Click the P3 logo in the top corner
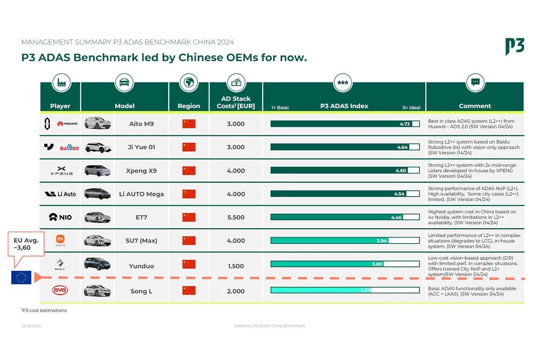[x=515, y=46]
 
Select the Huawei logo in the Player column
[x=67, y=124]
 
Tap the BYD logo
[x=60, y=291]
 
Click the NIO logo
[x=61, y=217]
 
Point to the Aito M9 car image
[x=97, y=123]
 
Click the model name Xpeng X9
[x=141, y=171]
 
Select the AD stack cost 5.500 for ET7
[x=236, y=217]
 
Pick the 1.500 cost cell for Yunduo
[x=236, y=266]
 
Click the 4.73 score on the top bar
[x=405, y=124]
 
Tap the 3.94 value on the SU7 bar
[x=381, y=241]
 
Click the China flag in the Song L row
[x=189, y=291]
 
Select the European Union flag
[x=21, y=277]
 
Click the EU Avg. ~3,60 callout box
[x=26, y=244]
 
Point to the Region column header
[x=189, y=106]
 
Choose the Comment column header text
[x=475, y=106]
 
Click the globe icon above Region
[x=189, y=82]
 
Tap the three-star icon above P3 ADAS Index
[x=343, y=82]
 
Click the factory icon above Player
[x=61, y=82]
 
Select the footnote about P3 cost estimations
[x=44, y=310]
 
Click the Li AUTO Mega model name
[x=141, y=194]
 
